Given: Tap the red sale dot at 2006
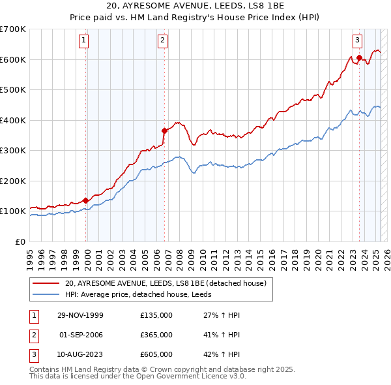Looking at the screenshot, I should point(164,131).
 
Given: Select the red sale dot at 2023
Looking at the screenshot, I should point(359,58).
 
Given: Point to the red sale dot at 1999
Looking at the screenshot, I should point(86,200).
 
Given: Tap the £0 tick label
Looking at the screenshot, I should point(20,241).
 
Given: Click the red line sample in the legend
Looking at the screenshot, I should point(46,284).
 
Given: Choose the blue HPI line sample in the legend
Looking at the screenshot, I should point(46,294).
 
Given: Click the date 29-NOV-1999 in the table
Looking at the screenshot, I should point(81,315).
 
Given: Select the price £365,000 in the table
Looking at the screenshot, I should point(156,335).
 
